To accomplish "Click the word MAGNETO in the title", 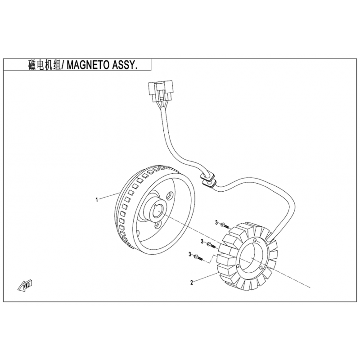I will (x=91, y=65).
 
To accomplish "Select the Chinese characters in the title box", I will (x=43, y=65).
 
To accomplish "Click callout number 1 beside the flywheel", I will (x=96, y=199).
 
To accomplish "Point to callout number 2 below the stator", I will (x=192, y=283).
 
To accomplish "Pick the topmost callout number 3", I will (x=216, y=223).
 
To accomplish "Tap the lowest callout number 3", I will (x=190, y=255).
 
